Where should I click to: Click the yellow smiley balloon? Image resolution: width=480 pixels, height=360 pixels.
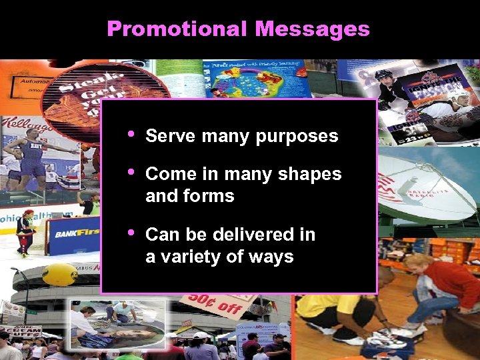(x=60, y=274)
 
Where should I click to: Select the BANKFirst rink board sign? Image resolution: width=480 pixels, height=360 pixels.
(x=73, y=233)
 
